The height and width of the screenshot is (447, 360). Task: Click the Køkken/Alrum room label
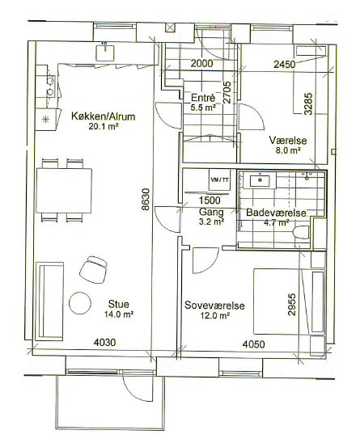click(103, 116)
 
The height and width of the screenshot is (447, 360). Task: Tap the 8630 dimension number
click(146, 200)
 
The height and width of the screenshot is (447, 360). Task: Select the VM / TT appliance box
click(219, 179)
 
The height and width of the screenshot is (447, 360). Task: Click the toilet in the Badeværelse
click(301, 232)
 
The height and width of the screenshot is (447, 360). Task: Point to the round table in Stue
click(80, 303)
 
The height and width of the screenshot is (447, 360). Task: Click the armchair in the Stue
click(93, 270)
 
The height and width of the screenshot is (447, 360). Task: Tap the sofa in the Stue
click(49, 301)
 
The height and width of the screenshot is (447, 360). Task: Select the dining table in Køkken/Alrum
click(64, 191)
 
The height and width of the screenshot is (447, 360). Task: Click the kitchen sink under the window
click(105, 53)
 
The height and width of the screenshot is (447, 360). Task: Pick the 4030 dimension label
click(104, 342)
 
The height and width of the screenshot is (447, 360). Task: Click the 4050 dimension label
click(253, 344)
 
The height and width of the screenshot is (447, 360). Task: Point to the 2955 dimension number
click(292, 305)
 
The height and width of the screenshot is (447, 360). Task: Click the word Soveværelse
click(214, 306)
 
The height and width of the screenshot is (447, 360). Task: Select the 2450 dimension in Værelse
click(285, 65)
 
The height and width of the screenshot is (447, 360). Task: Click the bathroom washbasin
click(260, 181)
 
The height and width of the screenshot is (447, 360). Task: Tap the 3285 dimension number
click(308, 104)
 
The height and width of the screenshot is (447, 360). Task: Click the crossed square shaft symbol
click(170, 27)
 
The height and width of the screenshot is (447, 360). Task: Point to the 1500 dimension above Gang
click(210, 200)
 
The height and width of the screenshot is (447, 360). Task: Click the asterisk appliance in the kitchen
click(45, 120)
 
